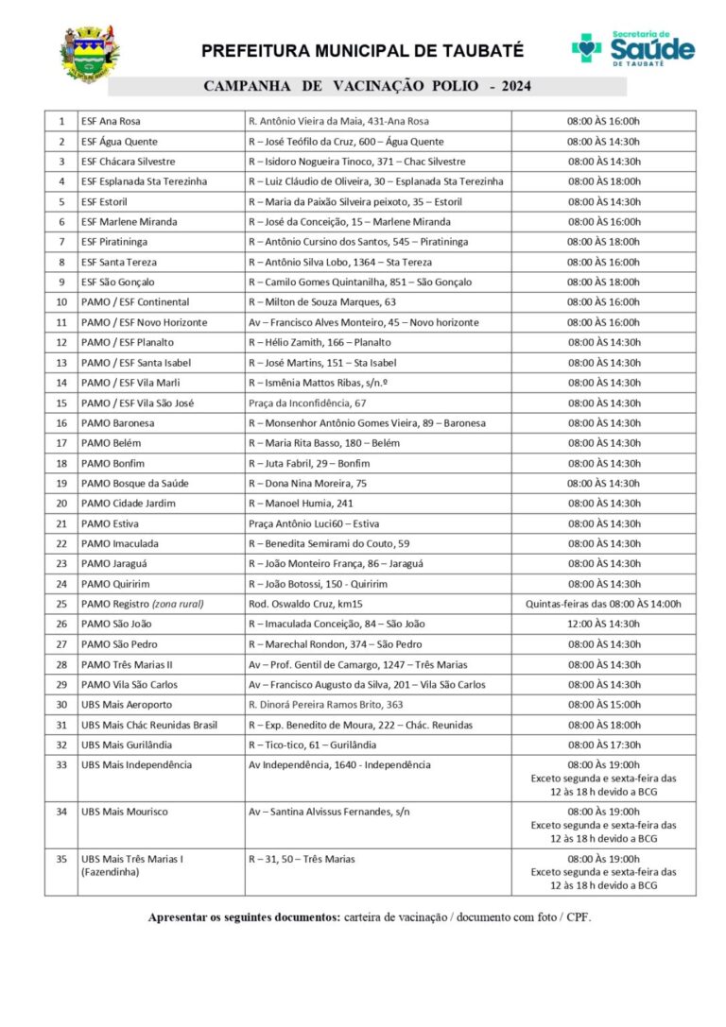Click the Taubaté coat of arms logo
click(x=90, y=54)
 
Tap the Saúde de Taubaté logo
click(x=632, y=48)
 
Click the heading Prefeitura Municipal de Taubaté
click(x=362, y=51)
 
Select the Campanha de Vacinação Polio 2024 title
click(x=367, y=87)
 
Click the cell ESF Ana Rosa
click(x=112, y=121)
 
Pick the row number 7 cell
click(x=61, y=242)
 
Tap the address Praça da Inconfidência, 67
click(x=307, y=402)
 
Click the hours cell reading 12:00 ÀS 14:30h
click(x=603, y=624)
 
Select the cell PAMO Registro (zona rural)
click(x=143, y=604)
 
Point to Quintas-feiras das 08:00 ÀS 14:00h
click(x=603, y=604)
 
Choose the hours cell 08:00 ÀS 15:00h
click(x=603, y=704)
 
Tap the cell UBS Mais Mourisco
click(x=125, y=812)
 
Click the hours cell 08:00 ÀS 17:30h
click(x=603, y=745)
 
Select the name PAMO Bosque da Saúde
click(x=135, y=483)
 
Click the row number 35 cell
click(x=61, y=859)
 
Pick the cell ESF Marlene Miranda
click(x=129, y=222)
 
